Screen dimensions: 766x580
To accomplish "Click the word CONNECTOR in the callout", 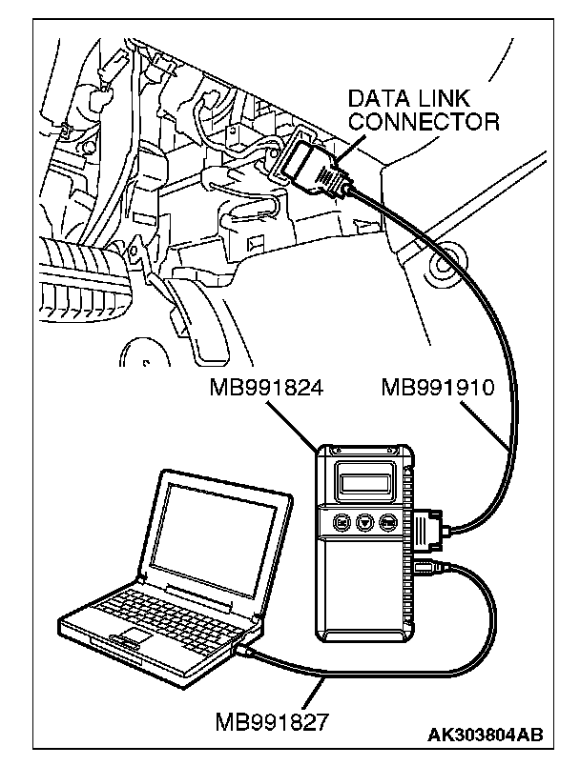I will (424, 122).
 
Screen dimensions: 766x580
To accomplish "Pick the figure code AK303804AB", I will (487, 736).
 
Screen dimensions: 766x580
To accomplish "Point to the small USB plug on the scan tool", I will (426, 569).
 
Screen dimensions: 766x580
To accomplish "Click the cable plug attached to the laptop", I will (247, 649).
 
